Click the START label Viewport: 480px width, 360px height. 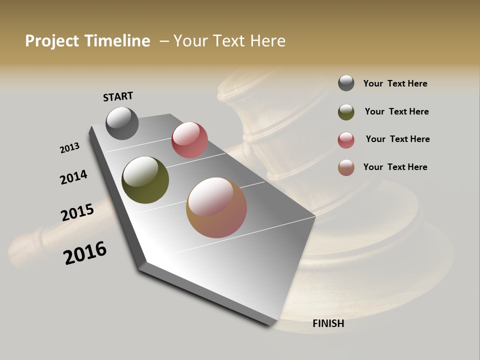[x=118, y=96]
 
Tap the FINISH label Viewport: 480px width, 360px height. [x=328, y=323]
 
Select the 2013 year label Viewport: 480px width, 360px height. [x=70, y=147]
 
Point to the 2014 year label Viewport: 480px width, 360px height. [x=74, y=177]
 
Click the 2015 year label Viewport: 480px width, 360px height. [x=77, y=212]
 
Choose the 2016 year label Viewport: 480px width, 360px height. [x=85, y=252]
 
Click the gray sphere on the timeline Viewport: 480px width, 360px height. [x=122, y=123]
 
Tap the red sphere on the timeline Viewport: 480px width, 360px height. [x=189, y=140]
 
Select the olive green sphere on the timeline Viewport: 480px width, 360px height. [x=145, y=180]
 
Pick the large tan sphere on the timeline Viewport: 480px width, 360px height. [x=216, y=207]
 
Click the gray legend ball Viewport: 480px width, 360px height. [x=346, y=83]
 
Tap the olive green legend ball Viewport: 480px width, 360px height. [x=346, y=112]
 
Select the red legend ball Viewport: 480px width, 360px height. [x=346, y=140]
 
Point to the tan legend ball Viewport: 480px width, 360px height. [x=346, y=167]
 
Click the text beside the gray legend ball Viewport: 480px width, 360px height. [x=395, y=83]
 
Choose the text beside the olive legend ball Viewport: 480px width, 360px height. [x=396, y=111]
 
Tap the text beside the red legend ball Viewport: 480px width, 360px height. [x=397, y=139]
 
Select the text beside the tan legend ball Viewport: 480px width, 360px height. [x=395, y=167]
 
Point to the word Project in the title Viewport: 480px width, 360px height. [x=52, y=41]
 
